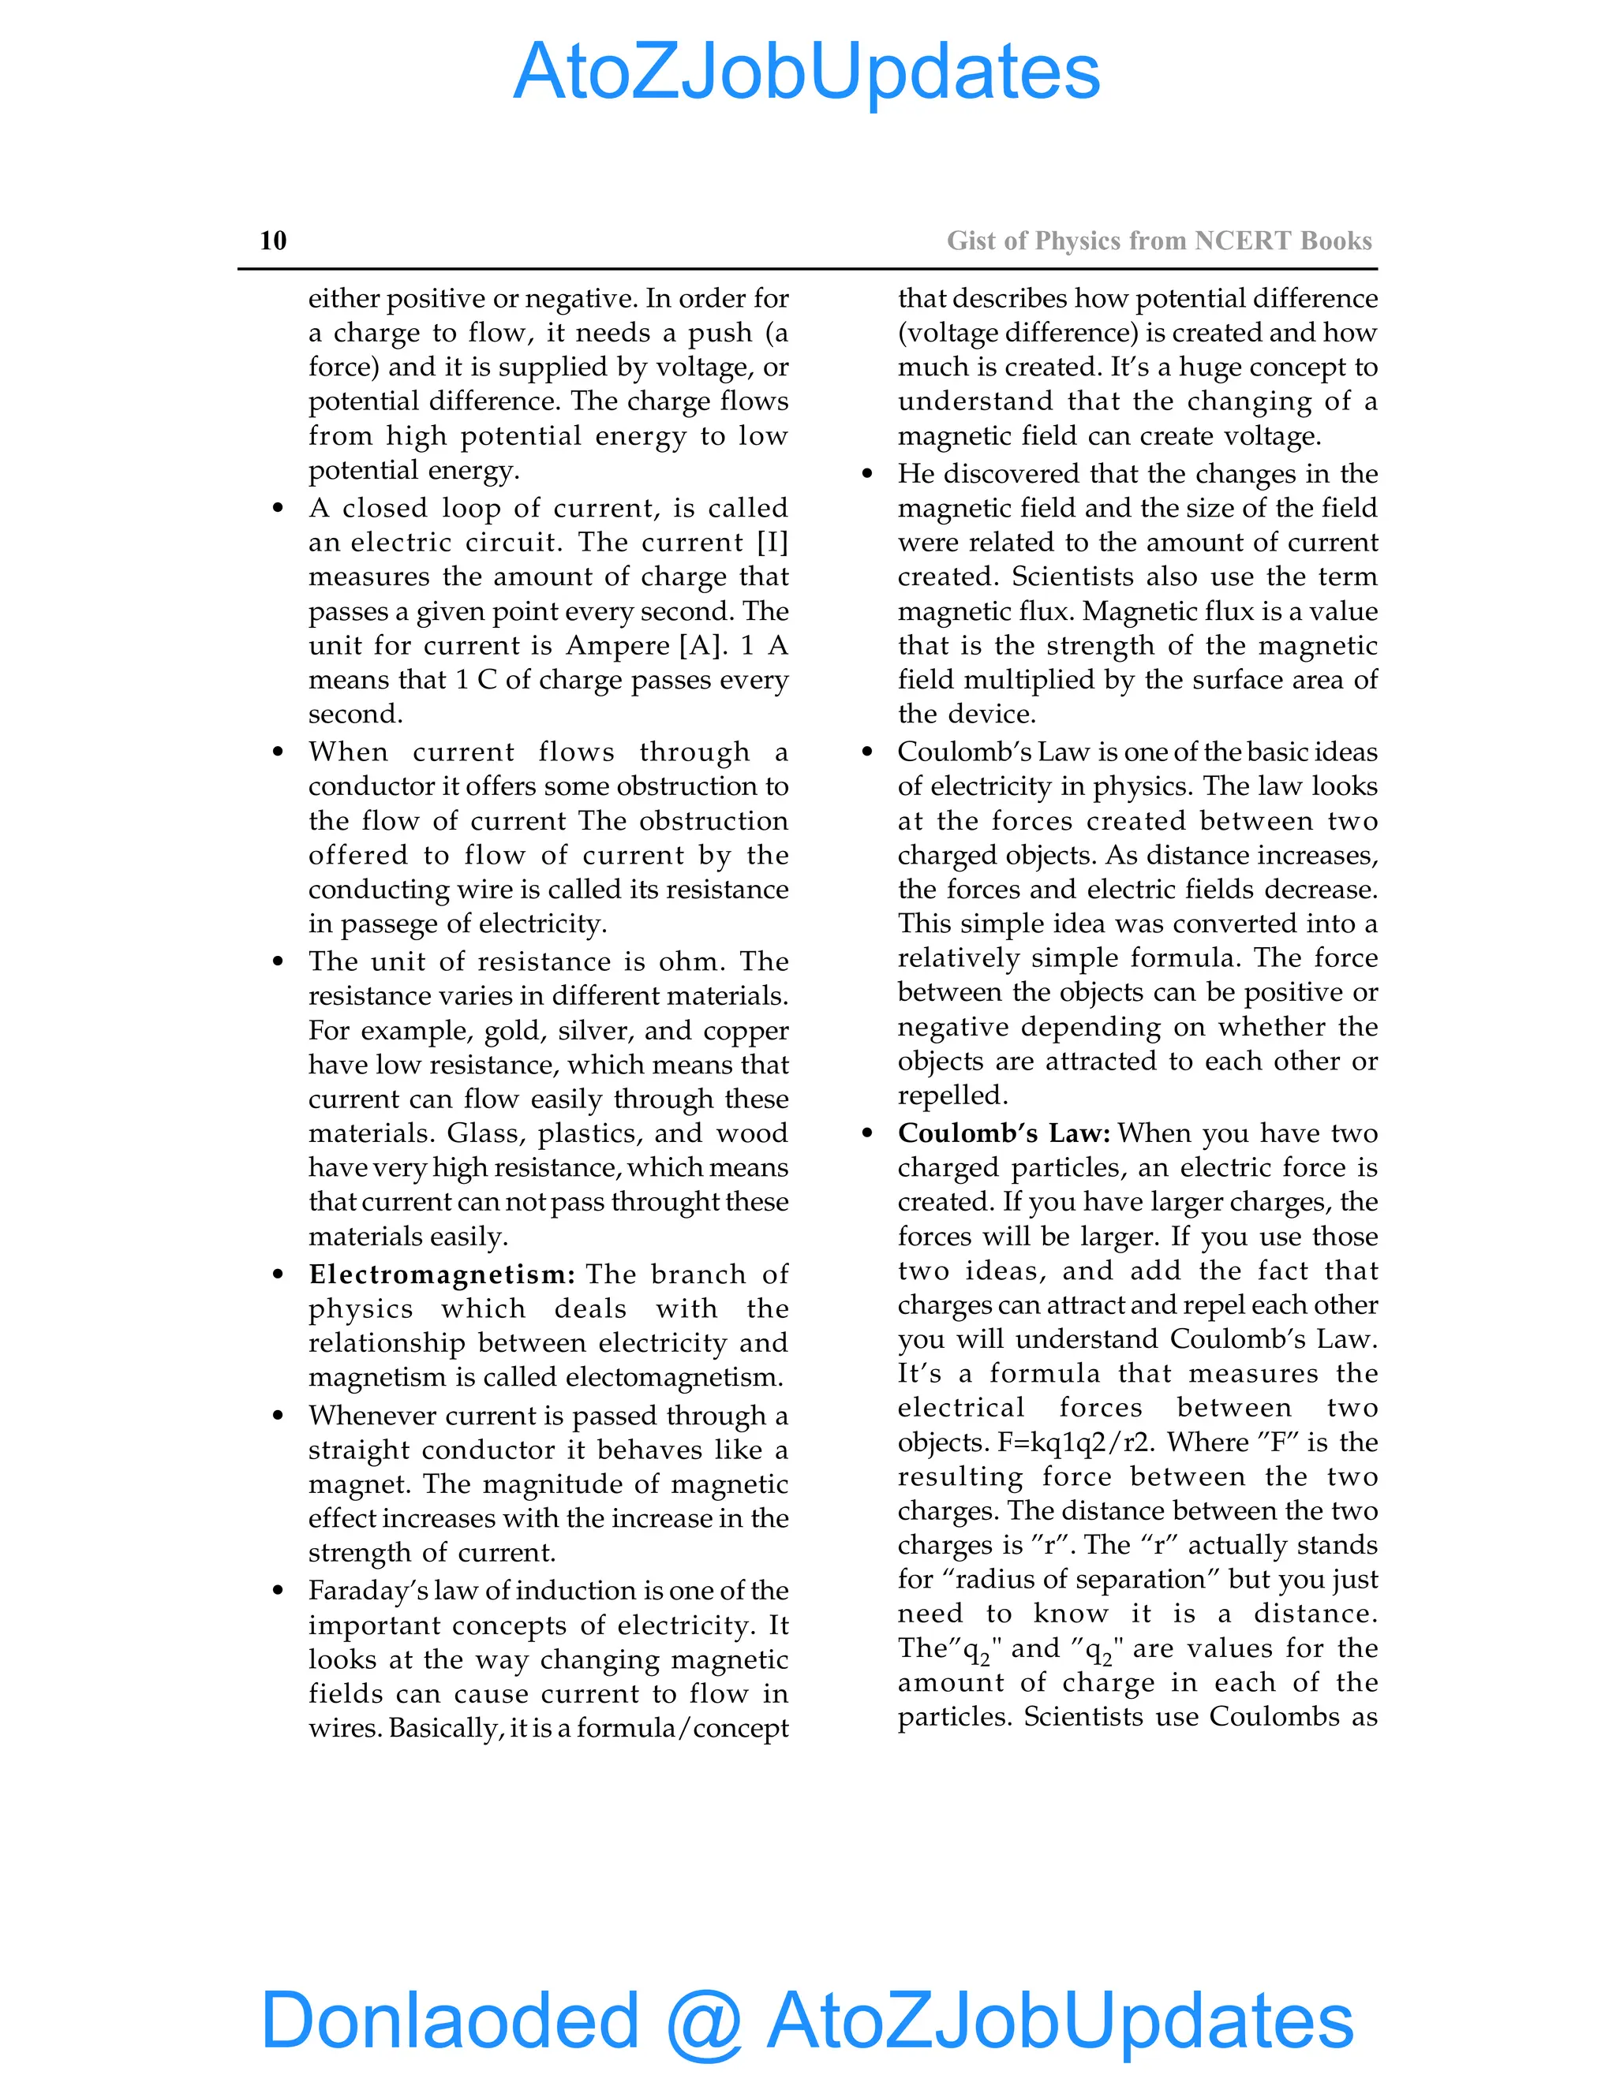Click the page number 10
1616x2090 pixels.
[273, 241]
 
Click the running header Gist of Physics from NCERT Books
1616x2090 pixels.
[1158, 241]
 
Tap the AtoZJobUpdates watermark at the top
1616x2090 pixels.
[806, 72]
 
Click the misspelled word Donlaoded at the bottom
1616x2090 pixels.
[449, 2019]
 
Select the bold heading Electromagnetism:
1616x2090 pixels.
[441, 1275]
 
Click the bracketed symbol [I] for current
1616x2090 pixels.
[772, 543]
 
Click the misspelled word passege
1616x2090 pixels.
[383, 924]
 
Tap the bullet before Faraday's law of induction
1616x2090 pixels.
[278, 1592]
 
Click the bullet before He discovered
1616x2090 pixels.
[867, 474]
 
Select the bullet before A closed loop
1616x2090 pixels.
[278, 508]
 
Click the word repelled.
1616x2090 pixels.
[952, 1095]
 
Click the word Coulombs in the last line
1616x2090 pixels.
[1274, 1717]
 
